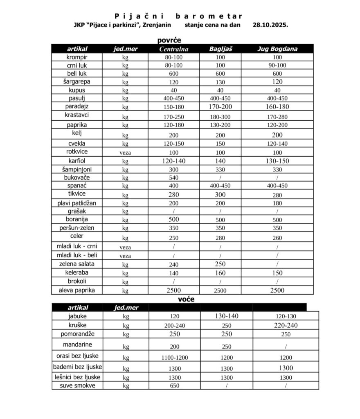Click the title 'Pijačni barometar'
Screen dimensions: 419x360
click(178, 16)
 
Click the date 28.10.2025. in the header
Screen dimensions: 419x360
click(270, 25)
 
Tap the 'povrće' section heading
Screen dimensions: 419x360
click(169, 40)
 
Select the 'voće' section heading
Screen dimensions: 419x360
click(186, 299)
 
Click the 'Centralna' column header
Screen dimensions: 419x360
click(174, 49)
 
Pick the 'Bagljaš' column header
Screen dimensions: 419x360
click(220, 49)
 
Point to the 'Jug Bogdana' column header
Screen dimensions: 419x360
click(277, 49)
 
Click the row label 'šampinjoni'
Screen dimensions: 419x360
click(77, 169)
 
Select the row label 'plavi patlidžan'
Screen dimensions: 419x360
click(77, 203)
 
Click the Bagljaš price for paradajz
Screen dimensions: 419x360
click(220, 107)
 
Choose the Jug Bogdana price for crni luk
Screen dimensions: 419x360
click(277, 65)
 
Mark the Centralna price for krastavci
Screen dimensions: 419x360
click(174, 117)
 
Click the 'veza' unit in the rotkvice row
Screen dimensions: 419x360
click(125, 152)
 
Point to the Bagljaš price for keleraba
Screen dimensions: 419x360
click(220, 273)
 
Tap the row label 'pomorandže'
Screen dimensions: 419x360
click(77, 334)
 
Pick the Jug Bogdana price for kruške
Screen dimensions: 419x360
click(286, 326)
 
